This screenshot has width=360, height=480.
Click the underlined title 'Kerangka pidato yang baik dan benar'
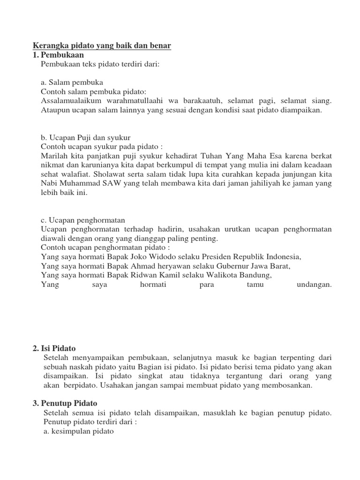point(102,45)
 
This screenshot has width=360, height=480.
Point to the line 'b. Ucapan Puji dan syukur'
point(85,137)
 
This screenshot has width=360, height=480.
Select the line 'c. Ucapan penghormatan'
point(83,220)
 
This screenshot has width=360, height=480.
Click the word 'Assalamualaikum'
point(70,101)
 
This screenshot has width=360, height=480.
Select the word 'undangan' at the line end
point(314,284)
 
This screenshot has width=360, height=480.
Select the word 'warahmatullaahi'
point(136,101)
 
